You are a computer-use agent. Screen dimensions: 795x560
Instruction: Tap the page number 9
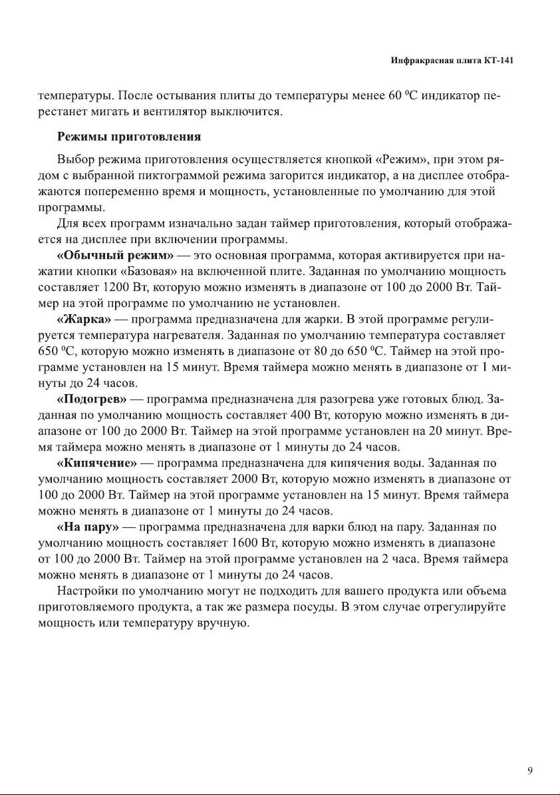coord(530,771)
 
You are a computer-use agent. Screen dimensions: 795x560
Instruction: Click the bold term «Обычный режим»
coord(116,255)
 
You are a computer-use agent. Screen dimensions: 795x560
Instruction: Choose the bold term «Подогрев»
coord(92,399)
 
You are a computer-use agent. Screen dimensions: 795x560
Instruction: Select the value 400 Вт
coord(311,415)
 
